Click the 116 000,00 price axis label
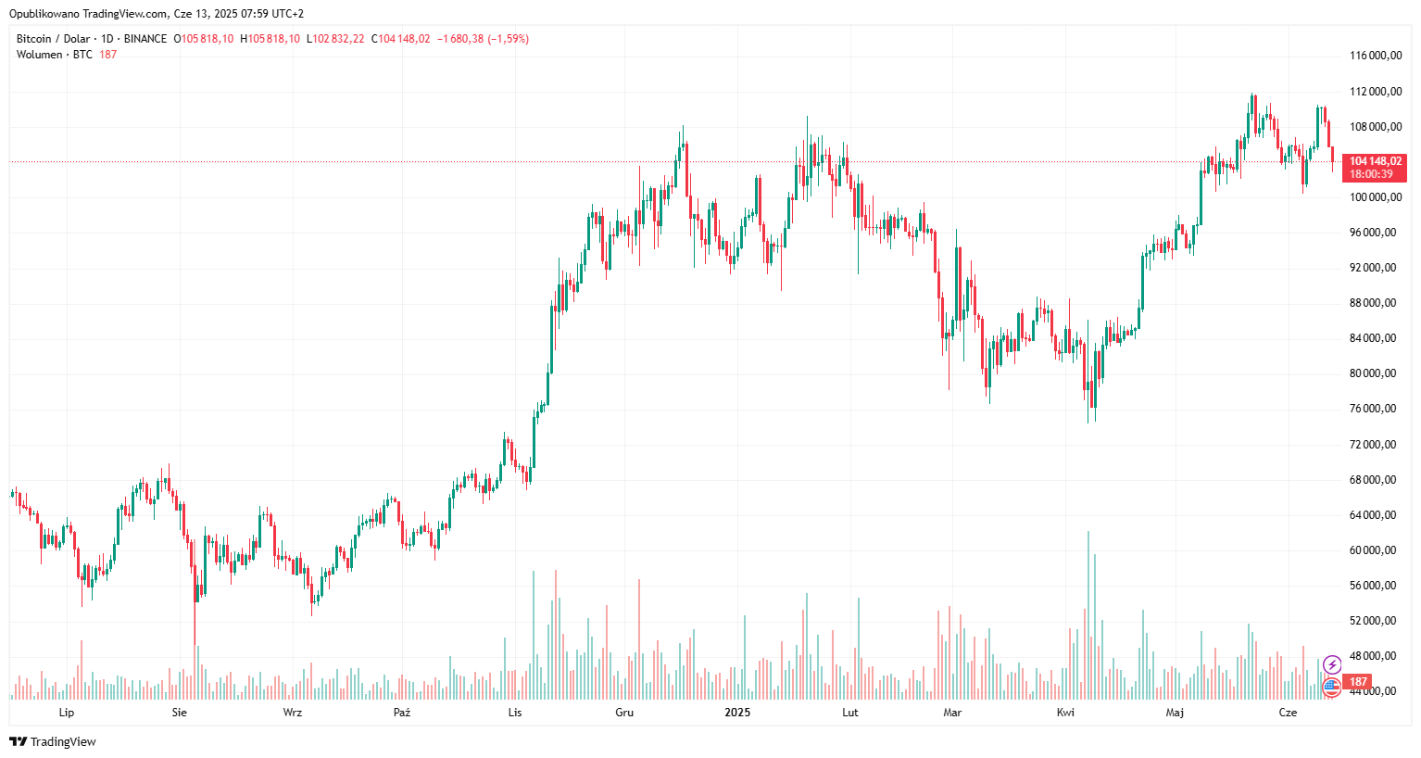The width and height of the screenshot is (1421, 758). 1375,56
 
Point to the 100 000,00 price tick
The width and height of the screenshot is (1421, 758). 1375,197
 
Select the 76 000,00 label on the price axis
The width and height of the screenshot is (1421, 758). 1375,409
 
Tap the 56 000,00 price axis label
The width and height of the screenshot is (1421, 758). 1375,586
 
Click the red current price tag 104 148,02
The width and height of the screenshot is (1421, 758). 1376,161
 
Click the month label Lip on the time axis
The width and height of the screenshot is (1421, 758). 67,713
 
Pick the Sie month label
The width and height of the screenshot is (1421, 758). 180,713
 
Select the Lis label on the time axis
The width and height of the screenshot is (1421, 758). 515,713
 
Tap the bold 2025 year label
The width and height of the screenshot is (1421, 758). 737,713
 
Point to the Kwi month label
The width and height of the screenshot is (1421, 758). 1066,713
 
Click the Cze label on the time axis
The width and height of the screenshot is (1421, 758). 1288,713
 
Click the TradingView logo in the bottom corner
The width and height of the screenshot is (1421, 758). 53,741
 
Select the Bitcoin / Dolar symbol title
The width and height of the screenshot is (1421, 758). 53,39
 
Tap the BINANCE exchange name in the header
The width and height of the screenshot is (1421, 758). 145,39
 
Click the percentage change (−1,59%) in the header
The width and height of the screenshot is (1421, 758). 508,39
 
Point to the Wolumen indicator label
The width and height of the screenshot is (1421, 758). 39,55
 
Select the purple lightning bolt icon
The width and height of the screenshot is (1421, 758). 1332,664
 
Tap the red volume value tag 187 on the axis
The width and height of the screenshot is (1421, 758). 1358,682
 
